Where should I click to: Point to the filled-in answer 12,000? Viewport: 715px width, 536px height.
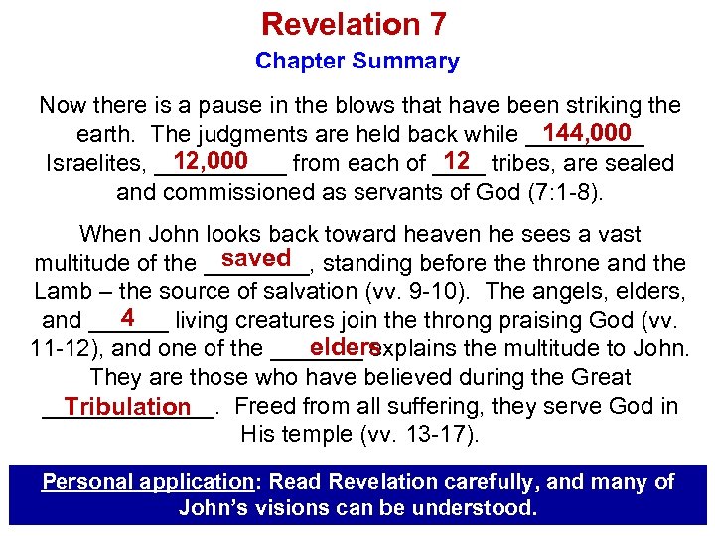(209, 161)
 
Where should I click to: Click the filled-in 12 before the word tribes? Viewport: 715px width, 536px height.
(458, 161)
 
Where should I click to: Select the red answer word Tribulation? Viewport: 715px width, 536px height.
(127, 407)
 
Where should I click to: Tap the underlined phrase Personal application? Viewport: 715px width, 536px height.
(147, 482)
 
